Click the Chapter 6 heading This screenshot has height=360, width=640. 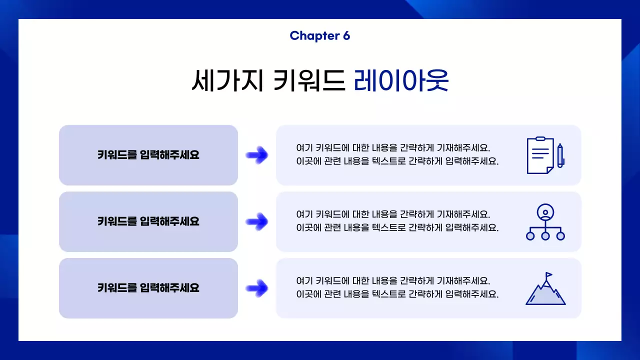319,35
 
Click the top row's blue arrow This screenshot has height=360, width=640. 257,155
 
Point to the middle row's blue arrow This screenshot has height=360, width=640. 257,221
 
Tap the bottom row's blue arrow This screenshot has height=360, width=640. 257,288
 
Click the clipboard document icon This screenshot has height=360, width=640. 540,155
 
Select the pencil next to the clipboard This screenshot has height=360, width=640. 560,156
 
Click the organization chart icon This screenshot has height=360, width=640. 545,222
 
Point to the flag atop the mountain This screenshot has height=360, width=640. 549,275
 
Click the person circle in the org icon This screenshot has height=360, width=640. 545,212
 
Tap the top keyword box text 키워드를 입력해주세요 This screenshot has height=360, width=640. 148,155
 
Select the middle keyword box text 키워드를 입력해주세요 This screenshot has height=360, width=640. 148,221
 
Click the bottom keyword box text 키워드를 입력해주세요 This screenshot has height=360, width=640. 148,288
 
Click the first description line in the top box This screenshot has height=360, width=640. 393,148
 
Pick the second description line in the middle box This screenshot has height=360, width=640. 397,228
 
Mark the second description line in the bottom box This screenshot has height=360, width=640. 397,294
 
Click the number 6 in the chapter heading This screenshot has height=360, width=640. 346,35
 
